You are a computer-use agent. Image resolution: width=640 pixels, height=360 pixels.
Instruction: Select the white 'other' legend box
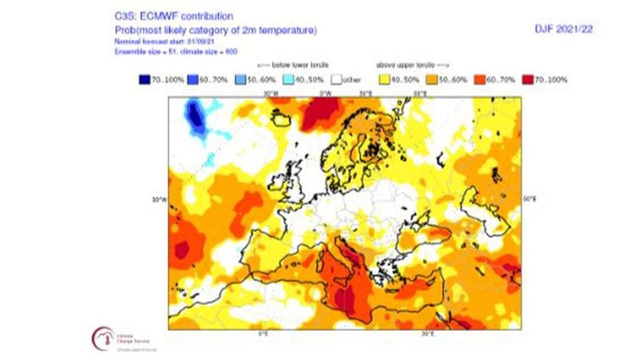335,80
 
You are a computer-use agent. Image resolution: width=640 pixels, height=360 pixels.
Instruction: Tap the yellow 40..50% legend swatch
383,80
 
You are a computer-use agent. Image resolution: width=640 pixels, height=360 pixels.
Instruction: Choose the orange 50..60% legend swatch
430,80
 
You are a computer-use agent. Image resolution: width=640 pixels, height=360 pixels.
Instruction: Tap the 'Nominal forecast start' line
158,41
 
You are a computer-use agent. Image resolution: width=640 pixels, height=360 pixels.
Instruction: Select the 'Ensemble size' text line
176,51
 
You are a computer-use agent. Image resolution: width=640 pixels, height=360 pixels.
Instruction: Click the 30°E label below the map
427,334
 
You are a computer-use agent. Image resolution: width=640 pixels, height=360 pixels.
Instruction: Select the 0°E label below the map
262,334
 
